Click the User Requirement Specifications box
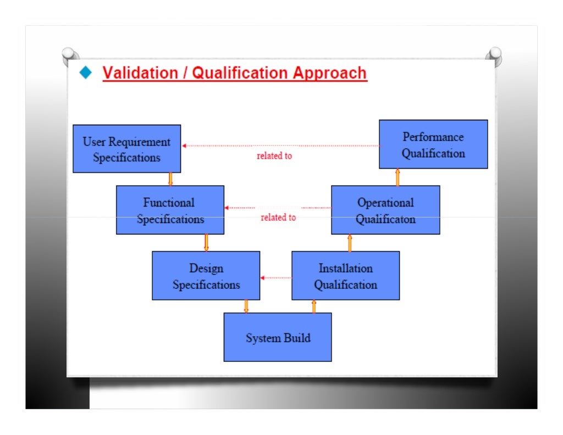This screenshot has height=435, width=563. (126, 149)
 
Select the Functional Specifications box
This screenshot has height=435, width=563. (170, 210)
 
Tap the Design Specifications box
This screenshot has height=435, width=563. (206, 276)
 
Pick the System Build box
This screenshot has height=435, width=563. (277, 337)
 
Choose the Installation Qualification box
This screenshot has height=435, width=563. (345, 276)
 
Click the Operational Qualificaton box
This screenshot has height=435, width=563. (385, 210)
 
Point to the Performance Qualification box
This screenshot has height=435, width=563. (433, 144)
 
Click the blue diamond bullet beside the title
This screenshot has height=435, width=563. (85, 72)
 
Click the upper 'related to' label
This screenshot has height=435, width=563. (274, 156)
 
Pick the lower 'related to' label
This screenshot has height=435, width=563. (278, 218)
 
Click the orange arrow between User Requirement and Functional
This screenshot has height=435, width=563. (170, 179)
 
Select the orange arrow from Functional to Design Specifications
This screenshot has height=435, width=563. (206, 243)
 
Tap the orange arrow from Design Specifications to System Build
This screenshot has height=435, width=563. (246, 306)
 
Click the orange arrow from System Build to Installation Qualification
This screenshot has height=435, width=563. (314, 306)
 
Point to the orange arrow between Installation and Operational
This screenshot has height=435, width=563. (350, 243)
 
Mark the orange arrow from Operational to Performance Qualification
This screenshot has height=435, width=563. (398, 177)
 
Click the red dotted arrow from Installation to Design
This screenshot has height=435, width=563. (276, 278)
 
